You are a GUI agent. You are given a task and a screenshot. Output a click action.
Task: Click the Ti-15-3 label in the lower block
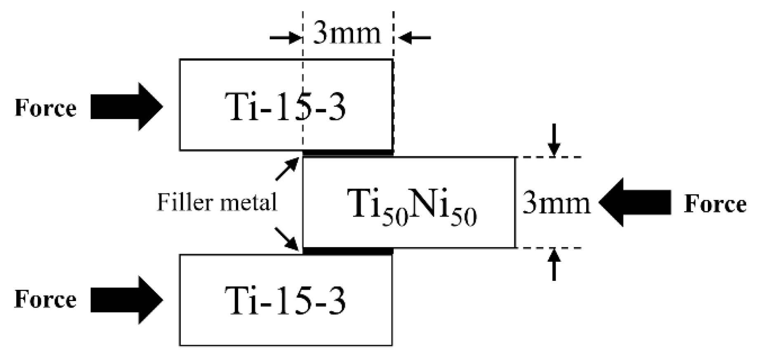(x=285, y=301)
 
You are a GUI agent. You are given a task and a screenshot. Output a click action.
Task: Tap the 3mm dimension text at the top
(x=347, y=33)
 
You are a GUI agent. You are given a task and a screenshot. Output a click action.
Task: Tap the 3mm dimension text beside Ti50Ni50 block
(x=556, y=203)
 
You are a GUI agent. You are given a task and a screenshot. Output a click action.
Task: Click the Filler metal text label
(x=217, y=202)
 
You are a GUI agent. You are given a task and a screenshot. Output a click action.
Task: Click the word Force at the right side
(x=715, y=204)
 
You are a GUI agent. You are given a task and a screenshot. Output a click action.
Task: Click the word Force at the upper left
(x=45, y=108)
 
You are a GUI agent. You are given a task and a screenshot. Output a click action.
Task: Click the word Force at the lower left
(x=45, y=299)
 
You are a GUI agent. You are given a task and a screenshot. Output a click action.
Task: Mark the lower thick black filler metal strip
(x=348, y=251)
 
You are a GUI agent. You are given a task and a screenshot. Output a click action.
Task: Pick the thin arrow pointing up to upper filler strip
(x=287, y=169)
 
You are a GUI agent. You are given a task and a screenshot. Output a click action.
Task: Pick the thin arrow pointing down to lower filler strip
(x=287, y=239)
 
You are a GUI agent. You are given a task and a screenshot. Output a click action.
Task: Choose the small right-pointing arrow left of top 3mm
(x=286, y=38)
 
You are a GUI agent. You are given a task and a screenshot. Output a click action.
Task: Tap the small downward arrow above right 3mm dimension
(x=554, y=140)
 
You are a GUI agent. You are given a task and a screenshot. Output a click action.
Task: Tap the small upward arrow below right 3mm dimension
(x=554, y=264)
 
